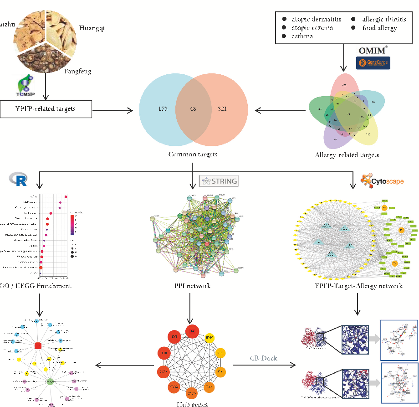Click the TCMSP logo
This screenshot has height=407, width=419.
pyautogui.click(x=24, y=87)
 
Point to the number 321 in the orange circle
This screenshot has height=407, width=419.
pyautogui.click(x=222, y=109)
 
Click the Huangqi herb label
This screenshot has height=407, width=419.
pyautogui.click(x=92, y=28)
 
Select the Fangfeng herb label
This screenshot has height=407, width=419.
pyautogui.click(x=78, y=71)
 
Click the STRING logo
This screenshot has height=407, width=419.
pyautogui.click(x=219, y=181)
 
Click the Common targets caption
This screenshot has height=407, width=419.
pyautogui.click(x=193, y=154)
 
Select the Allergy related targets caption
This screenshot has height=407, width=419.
pyautogui.click(x=347, y=155)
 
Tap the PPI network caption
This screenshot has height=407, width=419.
pyautogui.click(x=192, y=286)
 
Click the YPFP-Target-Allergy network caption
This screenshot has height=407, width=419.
pyautogui.click(x=358, y=286)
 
